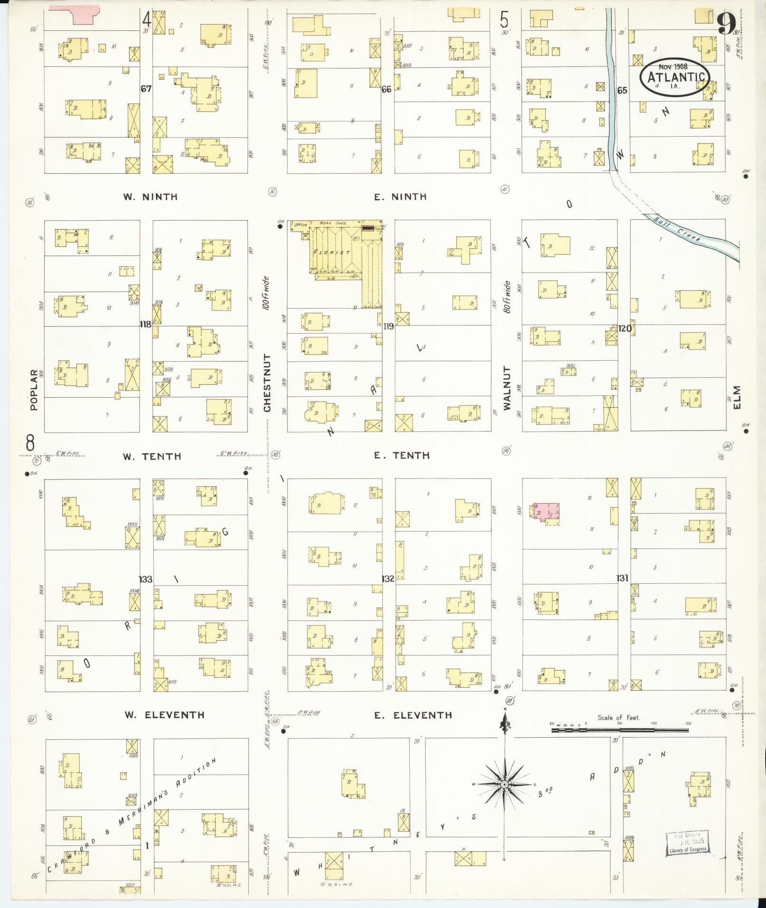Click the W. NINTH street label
(150, 197)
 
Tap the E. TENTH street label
(401, 456)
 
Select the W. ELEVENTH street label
(164, 715)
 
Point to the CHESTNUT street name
(267, 383)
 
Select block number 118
(145, 325)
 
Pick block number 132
(388, 579)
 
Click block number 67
(146, 89)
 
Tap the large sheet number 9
(726, 23)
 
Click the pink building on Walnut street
(546, 512)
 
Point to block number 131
(623, 578)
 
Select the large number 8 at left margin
(30, 444)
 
